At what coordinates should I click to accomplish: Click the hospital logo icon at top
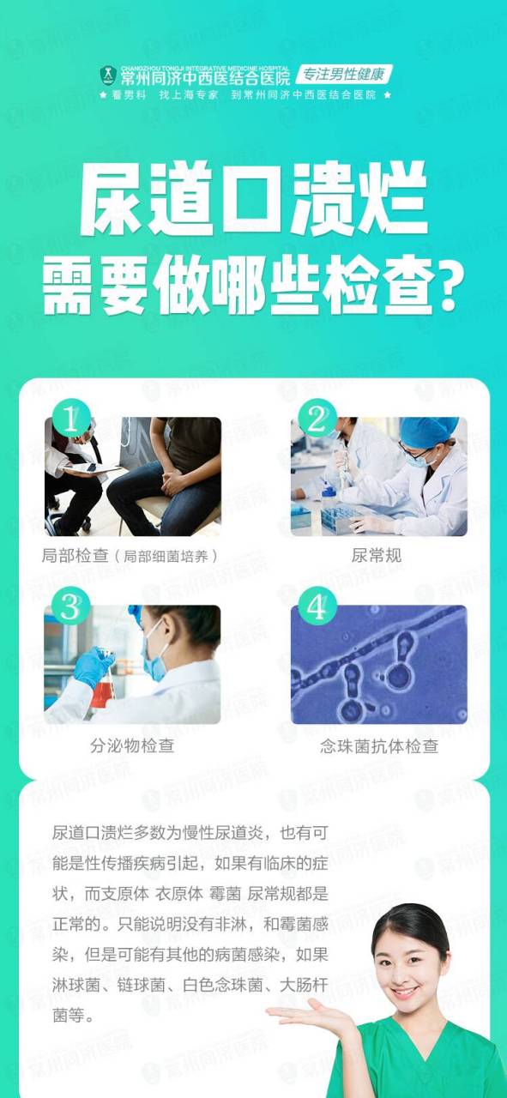tap(107, 75)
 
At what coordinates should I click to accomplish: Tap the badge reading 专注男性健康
tap(345, 74)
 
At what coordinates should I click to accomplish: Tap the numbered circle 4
tap(317, 607)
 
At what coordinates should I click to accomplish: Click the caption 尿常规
tap(377, 556)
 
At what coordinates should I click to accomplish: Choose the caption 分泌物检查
tap(132, 745)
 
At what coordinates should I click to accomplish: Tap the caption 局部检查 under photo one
tap(75, 556)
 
